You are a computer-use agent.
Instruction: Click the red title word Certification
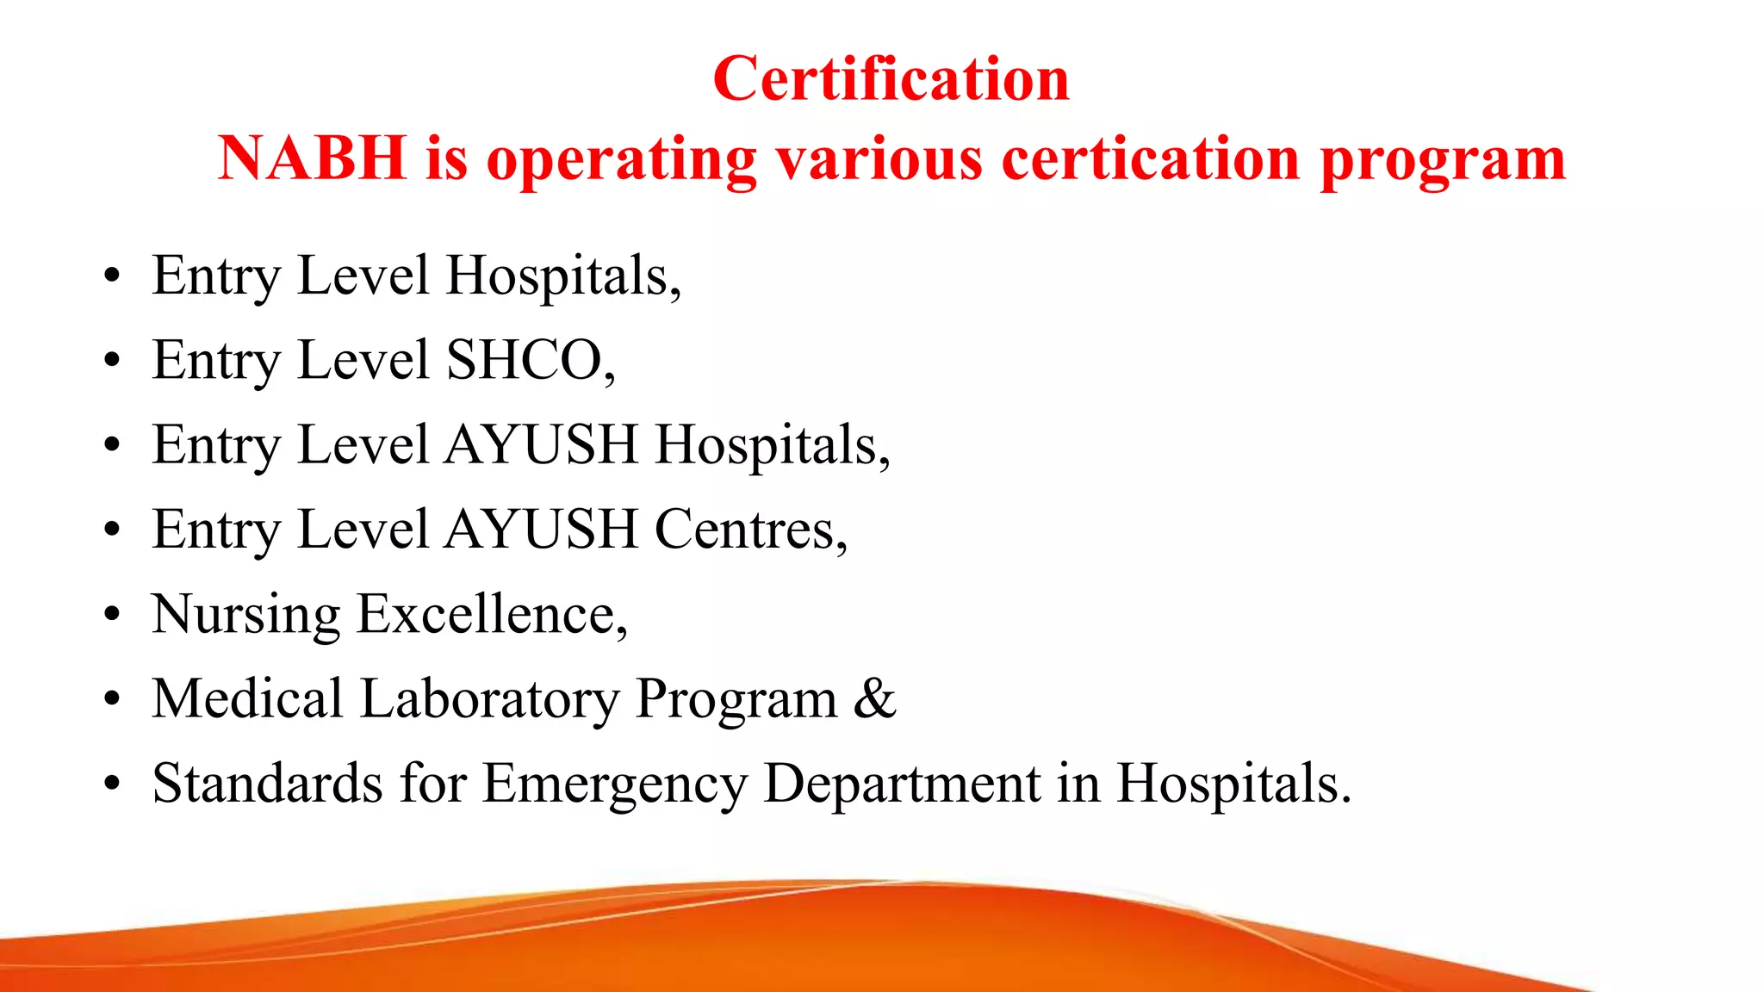coord(891,79)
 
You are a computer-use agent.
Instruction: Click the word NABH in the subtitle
coord(311,159)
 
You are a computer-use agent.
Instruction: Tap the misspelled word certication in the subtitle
coord(1151,159)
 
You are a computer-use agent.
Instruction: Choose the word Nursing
coord(246,616)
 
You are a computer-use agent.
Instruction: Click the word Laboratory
coord(489,698)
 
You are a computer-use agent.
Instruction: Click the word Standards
coord(267,783)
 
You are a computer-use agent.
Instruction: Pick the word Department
coord(902,784)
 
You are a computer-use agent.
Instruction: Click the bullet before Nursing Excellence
coord(111,616)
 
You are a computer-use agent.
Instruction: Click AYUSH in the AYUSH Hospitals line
coord(542,444)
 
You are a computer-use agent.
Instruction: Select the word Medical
coord(248,698)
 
